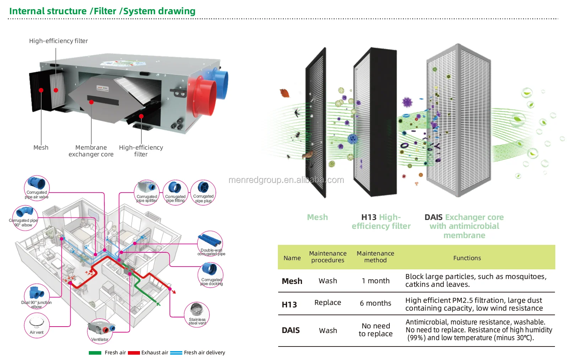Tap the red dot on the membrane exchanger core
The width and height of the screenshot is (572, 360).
(x=91, y=102)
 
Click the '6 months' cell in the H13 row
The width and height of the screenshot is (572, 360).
(x=375, y=303)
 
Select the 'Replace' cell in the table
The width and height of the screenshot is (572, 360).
(x=328, y=302)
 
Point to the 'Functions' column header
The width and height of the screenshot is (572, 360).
(x=467, y=258)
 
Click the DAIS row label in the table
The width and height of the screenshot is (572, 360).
(x=291, y=330)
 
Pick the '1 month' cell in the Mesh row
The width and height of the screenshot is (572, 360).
(x=376, y=281)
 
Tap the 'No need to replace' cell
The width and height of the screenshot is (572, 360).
(x=376, y=330)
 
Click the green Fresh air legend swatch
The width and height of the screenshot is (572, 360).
(x=95, y=353)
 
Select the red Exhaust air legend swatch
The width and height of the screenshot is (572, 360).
(x=134, y=353)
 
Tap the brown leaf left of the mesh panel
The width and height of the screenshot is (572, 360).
(x=285, y=93)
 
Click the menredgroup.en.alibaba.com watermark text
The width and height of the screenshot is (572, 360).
(x=286, y=180)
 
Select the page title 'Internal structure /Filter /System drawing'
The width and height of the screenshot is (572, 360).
(x=102, y=11)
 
